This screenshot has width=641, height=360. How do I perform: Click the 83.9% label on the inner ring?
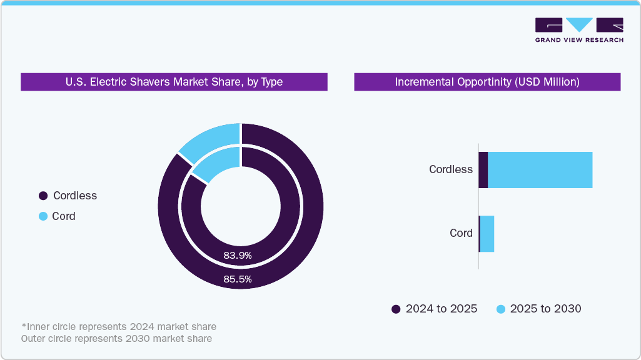(x=238, y=255)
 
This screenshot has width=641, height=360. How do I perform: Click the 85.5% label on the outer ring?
(x=238, y=279)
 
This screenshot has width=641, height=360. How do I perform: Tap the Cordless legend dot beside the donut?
(x=43, y=196)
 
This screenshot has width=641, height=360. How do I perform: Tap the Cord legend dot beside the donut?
(x=43, y=216)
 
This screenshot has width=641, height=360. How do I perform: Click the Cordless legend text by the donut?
(x=75, y=196)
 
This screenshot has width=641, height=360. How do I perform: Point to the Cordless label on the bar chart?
(x=450, y=169)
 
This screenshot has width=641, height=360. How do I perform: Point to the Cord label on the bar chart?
(x=461, y=233)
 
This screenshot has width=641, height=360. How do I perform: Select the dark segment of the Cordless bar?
(x=483, y=169)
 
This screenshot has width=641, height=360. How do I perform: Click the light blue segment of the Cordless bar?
(x=540, y=169)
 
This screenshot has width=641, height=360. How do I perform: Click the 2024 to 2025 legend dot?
(x=396, y=309)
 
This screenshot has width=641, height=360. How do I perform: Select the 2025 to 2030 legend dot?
(x=500, y=309)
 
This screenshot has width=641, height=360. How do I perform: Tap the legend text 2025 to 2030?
(x=545, y=309)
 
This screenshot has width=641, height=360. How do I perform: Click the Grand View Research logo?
(x=579, y=29)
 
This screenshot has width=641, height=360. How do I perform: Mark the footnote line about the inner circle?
(x=119, y=327)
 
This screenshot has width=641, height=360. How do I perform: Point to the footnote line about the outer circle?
(x=116, y=339)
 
